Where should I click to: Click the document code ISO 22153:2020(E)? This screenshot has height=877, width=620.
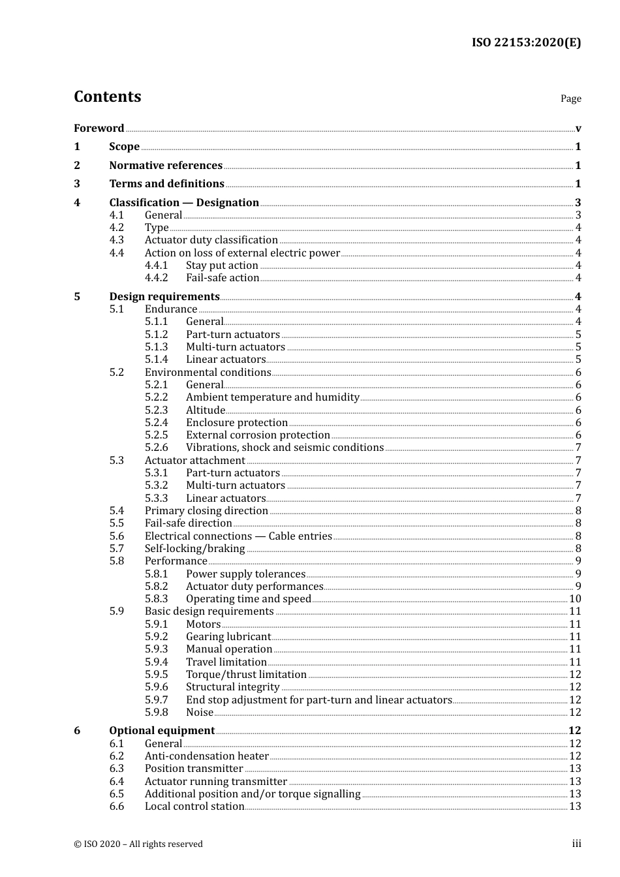point(526,42)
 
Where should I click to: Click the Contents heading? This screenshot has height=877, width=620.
point(107,97)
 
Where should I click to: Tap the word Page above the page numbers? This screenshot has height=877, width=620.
point(570,99)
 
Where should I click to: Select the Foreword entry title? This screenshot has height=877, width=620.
point(99,128)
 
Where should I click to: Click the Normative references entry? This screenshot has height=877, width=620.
point(166,165)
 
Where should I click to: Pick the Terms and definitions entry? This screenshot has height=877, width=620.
point(166,183)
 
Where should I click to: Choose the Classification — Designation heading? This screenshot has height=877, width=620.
point(184,202)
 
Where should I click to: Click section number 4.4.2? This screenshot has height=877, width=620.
point(156,278)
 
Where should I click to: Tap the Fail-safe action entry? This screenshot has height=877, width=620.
point(223,278)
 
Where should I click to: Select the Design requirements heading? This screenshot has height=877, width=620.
point(164,296)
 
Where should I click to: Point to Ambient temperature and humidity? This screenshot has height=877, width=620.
point(272,397)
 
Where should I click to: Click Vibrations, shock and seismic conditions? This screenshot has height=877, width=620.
point(285,448)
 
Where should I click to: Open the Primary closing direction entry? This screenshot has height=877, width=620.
point(206,511)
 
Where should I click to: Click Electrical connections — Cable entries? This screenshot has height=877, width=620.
point(238,536)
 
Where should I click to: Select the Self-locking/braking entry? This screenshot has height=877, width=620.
point(194,549)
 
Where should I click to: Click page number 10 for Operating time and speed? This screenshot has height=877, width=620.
point(575,599)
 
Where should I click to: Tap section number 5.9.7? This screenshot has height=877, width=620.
point(156,700)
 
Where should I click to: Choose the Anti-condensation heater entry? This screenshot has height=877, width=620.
point(206,756)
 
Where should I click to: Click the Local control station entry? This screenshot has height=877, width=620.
point(194,807)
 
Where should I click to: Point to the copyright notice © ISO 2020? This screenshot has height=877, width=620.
point(138,844)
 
